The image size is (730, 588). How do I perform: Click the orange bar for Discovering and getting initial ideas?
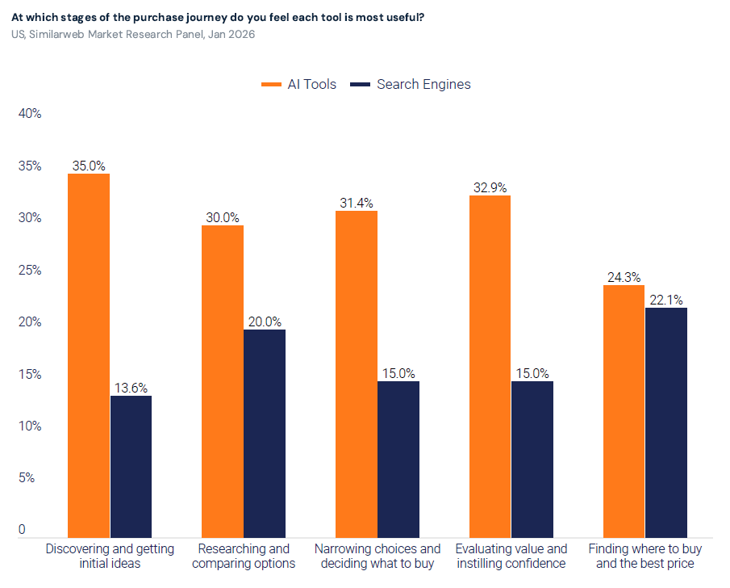coord(89,355)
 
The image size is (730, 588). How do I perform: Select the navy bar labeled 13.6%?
coord(131,467)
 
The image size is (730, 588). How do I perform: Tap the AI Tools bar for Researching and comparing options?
coord(223,381)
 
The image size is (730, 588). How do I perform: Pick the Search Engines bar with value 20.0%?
coord(265,434)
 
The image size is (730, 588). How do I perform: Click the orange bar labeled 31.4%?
coord(357,375)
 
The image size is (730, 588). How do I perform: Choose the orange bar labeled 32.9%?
coord(490,367)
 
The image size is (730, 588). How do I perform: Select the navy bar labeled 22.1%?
coord(666,423)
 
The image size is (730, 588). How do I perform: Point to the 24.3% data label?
coord(624,278)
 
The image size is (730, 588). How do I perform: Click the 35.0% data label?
coord(89,166)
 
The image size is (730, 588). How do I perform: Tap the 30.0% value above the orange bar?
coord(223,218)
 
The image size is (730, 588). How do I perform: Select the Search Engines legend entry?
coord(411,84)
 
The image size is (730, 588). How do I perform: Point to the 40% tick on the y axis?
coord(30,114)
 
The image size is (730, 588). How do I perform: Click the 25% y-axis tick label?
coord(30,271)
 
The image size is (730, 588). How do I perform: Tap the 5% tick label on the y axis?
coord(27,478)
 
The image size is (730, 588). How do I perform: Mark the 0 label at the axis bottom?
coord(22,530)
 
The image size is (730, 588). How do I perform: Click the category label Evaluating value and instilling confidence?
coord(511,556)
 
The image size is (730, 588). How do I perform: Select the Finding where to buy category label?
coord(645,556)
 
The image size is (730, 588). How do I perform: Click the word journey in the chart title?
coord(206,18)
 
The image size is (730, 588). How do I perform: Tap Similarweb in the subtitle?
coord(56,35)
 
